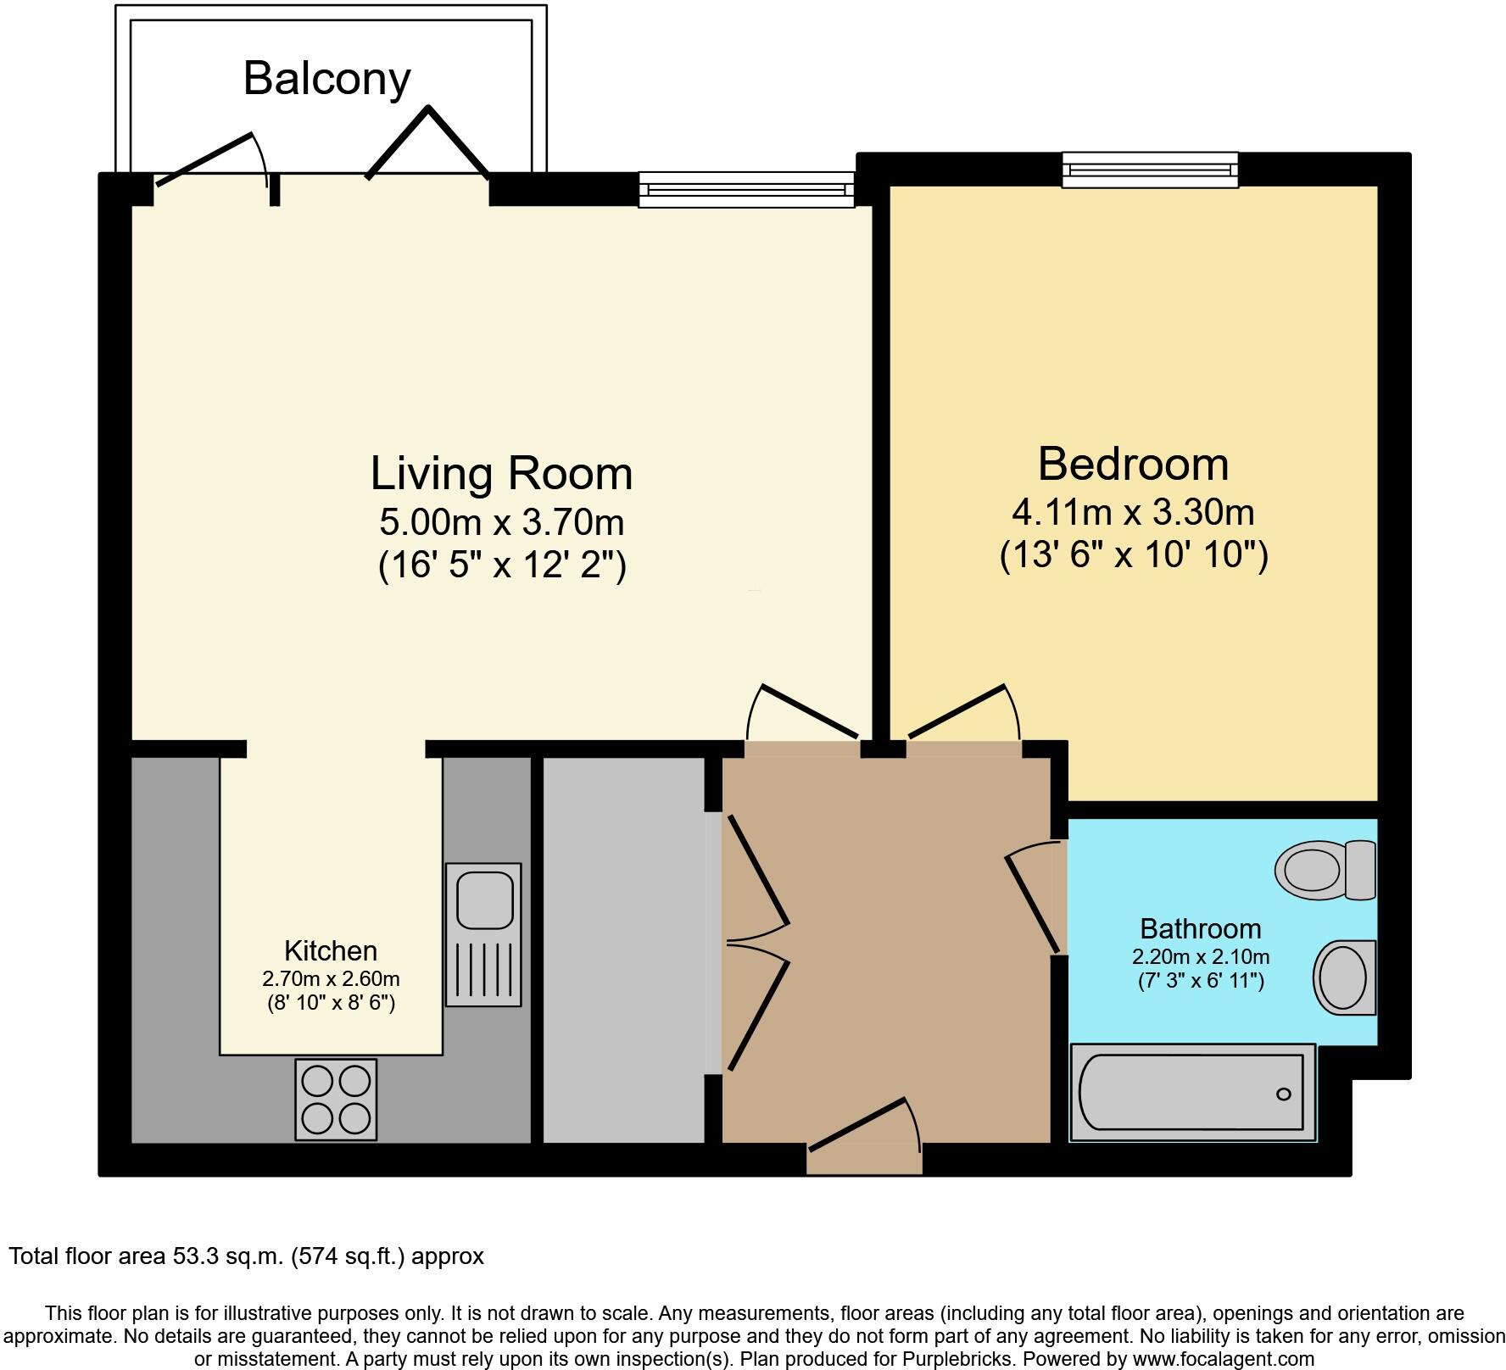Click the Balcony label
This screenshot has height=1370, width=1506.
coord(326,79)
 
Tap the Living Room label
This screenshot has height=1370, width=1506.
coord(501,473)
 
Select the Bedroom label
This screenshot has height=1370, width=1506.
coord(1133,465)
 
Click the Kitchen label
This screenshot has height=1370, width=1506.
coord(330,950)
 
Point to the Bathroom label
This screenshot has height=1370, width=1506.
coord(1200,929)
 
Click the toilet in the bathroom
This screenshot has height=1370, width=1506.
coord(1324,869)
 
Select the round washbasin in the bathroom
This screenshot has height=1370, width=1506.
coord(1343,977)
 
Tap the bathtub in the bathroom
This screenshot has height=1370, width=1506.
coord(1191,1092)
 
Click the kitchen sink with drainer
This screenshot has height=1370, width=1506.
coord(483,934)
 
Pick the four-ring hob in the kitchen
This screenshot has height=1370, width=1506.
coord(336,1099)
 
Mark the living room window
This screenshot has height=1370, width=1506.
coord(746,189)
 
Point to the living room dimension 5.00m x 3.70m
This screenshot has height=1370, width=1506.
coord(501,522)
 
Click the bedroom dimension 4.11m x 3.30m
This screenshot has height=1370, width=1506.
coord(1133,512)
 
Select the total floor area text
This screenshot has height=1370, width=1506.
coord(246,1256)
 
